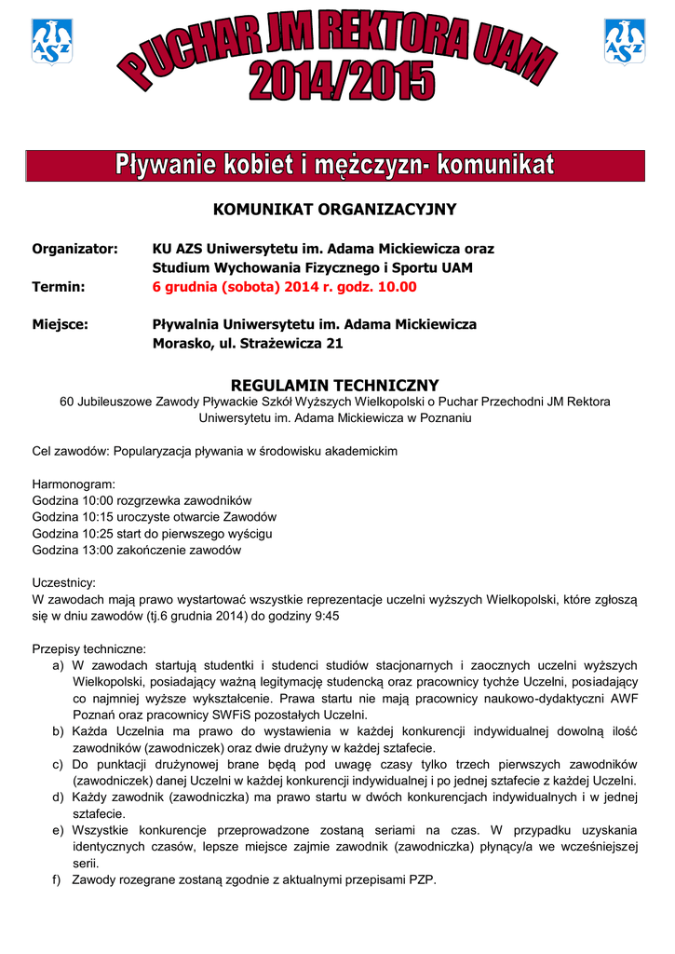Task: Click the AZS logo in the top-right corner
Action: [625, 42]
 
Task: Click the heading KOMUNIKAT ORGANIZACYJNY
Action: [335, 210]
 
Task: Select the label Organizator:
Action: [75, 250]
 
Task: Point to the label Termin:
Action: [59, 287]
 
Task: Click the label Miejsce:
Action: [61, 324]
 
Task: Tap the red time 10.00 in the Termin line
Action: [396, 287]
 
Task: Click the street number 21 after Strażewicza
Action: [334, 343]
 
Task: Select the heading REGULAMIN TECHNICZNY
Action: [334, 385]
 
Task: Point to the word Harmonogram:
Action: [74, 484]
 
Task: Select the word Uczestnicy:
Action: [64, 583]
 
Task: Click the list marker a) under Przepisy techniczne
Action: [58, 665]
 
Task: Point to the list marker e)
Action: [58, 830]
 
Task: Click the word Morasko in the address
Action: [181, 343]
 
